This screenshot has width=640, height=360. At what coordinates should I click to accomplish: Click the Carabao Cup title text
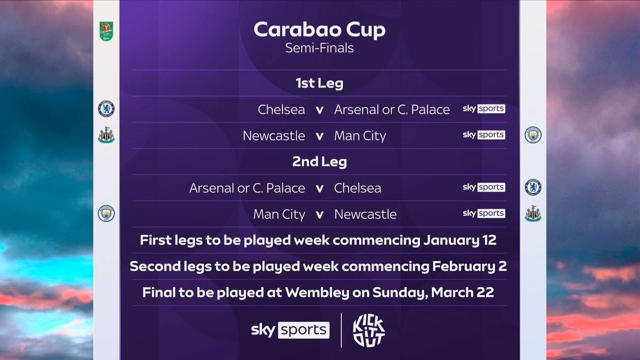coord(319,30)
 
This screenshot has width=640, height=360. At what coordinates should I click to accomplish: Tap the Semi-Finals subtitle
coord(319,48)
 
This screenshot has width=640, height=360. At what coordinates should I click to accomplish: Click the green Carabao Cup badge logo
coord(106,31)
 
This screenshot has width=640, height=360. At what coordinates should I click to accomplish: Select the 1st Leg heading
coord(319,83)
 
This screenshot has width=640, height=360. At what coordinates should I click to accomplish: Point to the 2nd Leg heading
coord(319,162)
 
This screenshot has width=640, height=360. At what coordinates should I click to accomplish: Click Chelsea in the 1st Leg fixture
coord(281,110)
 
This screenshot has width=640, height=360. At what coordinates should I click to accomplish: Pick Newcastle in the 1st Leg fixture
coord(274,136)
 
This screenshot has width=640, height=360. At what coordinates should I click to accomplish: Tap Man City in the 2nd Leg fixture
coord(279,214)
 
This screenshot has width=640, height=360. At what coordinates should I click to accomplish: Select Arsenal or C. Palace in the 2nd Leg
coord(247,188)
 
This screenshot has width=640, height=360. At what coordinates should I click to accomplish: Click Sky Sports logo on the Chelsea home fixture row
coord(484,109)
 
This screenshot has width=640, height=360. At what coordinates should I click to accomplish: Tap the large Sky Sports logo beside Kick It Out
coord(290,330)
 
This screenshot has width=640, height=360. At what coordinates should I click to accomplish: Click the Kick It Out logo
coord(368,330)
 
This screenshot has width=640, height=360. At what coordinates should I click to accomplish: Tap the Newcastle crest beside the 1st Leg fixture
coord(106,135)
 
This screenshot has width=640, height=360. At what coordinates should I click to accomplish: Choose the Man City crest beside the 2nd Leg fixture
coord(106,214)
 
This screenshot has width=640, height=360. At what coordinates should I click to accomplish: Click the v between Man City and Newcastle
coord(319,215)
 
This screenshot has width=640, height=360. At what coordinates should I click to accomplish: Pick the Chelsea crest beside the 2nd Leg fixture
coord(533,187)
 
